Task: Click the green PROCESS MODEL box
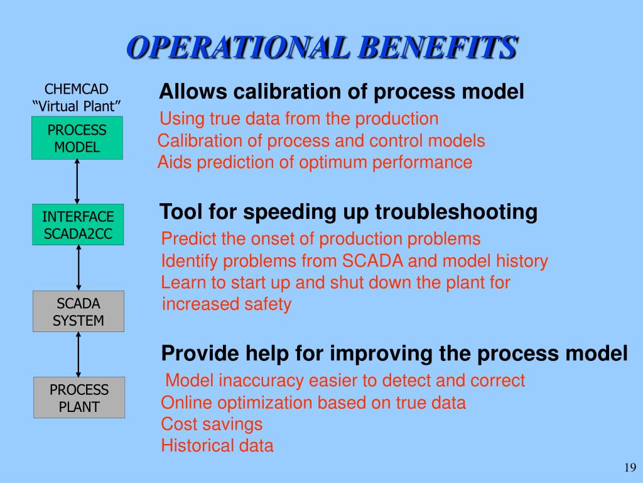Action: click(x=77, y=138)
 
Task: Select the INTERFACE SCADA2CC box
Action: click(x=78, y=225)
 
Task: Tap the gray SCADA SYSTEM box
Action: click(x=78, y=311)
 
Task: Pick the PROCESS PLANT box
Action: click(x=79, y=397)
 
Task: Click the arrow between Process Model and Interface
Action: click(x=77, y=182)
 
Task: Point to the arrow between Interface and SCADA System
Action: click(x=78, y=268)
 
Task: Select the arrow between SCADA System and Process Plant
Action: click(x=78, y=355)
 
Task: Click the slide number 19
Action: click(x=630, y=467)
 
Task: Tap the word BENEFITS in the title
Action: click(x=438, y=47)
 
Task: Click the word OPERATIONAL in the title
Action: click(x=238, y=47)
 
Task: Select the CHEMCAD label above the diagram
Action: click(x=76, y=89)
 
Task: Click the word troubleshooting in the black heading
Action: click(x=456, y=213)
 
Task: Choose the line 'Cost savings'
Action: click(x=212, y=425)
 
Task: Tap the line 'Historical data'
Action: click(x=217, y=446)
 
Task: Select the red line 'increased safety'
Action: click(x=226, y=304)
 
